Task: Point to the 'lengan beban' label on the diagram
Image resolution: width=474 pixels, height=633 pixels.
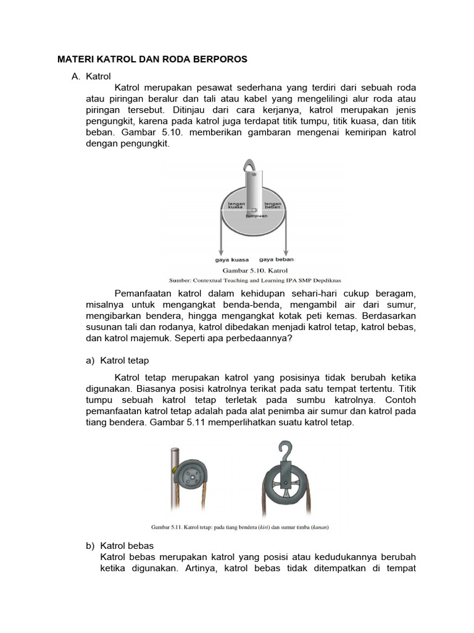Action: (x=273, y=205)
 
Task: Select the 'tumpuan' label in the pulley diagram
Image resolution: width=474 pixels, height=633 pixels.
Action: (x=256, y=216)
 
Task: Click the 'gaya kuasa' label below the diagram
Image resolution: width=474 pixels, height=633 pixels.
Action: (x=231, y=260)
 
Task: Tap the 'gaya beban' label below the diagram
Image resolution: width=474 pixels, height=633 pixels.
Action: (x=276, y=260)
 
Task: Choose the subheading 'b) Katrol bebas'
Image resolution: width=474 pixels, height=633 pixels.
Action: (x=119, y=546)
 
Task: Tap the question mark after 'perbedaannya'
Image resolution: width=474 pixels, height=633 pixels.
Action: (x=290, y=339)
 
